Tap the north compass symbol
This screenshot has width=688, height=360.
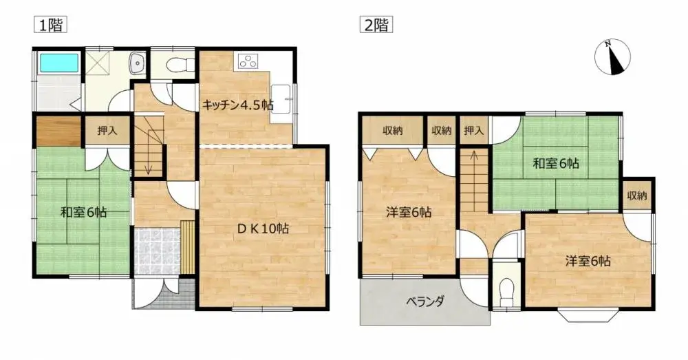click(613, 57)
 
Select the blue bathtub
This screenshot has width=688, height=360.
click(60, 63)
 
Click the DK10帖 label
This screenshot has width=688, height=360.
click(262, 229)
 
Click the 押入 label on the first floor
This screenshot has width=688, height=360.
click(106, 130)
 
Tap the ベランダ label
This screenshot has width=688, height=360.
click(424, 301)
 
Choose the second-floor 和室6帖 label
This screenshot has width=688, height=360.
click(557, 164)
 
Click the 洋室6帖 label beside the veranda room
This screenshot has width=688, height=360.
click(408, 213)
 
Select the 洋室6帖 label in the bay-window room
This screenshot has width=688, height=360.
click(588, 261)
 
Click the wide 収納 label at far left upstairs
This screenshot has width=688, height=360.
click(393, 130)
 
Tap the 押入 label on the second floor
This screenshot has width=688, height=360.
click(473, 130)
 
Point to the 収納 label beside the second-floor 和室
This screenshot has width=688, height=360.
click(637, 196)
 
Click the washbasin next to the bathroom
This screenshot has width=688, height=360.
click(137, 64)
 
